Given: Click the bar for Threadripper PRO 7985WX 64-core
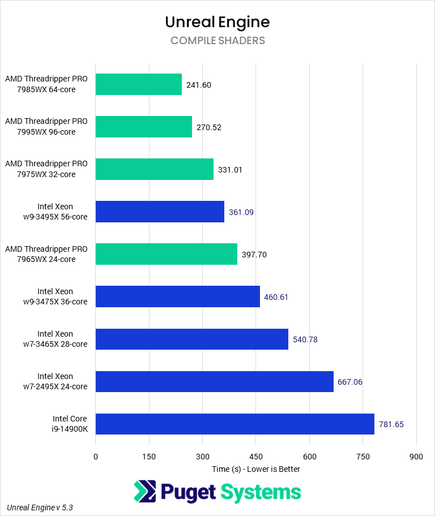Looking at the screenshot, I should coord(139,84).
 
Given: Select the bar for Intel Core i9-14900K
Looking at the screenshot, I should coord(234,424).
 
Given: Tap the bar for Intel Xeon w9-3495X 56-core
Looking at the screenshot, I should coord(160,212).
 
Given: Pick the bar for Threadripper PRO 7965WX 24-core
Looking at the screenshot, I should coord(167,254).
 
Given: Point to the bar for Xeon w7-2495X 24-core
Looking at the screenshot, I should coord(214,381).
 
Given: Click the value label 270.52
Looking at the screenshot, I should coord(209,127).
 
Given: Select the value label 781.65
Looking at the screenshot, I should coord(391,424).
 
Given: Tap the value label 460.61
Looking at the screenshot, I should coord(277,297).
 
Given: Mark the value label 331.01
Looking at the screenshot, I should coord(230,170).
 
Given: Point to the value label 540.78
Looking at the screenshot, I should coord(305,339).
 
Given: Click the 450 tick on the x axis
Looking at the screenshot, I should coord(255,457).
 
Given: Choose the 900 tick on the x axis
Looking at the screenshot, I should coord(416,457).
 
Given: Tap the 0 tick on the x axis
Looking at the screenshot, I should coord(96,457).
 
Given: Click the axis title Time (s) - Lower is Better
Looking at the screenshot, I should coord(256,469).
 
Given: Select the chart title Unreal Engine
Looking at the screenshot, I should coord(217,22).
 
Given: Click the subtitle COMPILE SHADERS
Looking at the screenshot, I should coord(217,41).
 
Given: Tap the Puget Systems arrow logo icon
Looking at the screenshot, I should coord(145,491).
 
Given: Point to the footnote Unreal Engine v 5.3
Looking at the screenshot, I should coord(40,508).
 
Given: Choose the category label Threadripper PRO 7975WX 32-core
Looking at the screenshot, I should coord(46,169).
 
